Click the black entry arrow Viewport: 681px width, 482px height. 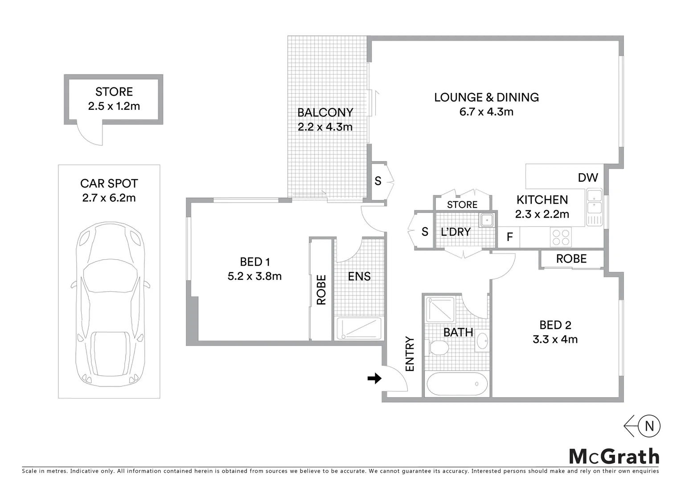(x=374, y=378)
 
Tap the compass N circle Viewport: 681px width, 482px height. (x=649, y=426)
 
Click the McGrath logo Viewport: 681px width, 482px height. (x=614, y=457)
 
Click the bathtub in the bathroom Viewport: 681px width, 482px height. (x=457, y=384)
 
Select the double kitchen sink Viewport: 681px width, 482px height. (x=594, y=202)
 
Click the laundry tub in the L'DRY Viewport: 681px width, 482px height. (x=487, y=220)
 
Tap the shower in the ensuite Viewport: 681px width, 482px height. (x=359, y=328)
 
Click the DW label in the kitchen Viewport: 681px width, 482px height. (x=587, y=178)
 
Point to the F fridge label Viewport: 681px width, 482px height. (x=510, y=237)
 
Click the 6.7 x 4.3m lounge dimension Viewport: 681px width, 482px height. (x=486, y=112)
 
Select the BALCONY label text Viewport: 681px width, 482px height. (x=325, y=112)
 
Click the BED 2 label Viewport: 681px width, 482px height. (x=555, y=325)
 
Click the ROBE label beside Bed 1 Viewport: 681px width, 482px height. (x=321, y=290)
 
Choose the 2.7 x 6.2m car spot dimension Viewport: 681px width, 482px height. (x=109, y=198)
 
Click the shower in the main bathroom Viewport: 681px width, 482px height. (x=440, y=309)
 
